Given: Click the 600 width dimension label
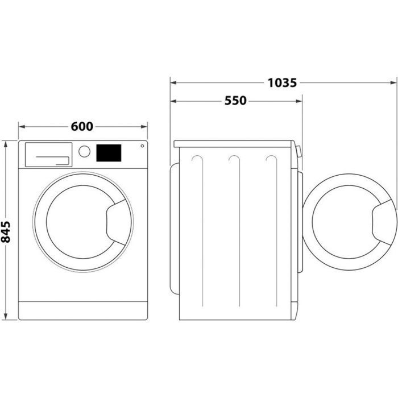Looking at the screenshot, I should (x=82, y=127).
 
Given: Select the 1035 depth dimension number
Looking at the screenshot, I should (x=283, y=83).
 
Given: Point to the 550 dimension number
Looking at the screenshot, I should (x=235, y=101).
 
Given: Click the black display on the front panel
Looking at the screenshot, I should (x=109, y=152).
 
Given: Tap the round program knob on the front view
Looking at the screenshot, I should (x=84, y=151).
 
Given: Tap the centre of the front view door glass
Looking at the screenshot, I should (x=74, y=219).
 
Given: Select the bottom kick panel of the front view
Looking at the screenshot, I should (x=82, y=310).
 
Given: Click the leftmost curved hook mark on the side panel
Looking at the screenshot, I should (x=196, y=160).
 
